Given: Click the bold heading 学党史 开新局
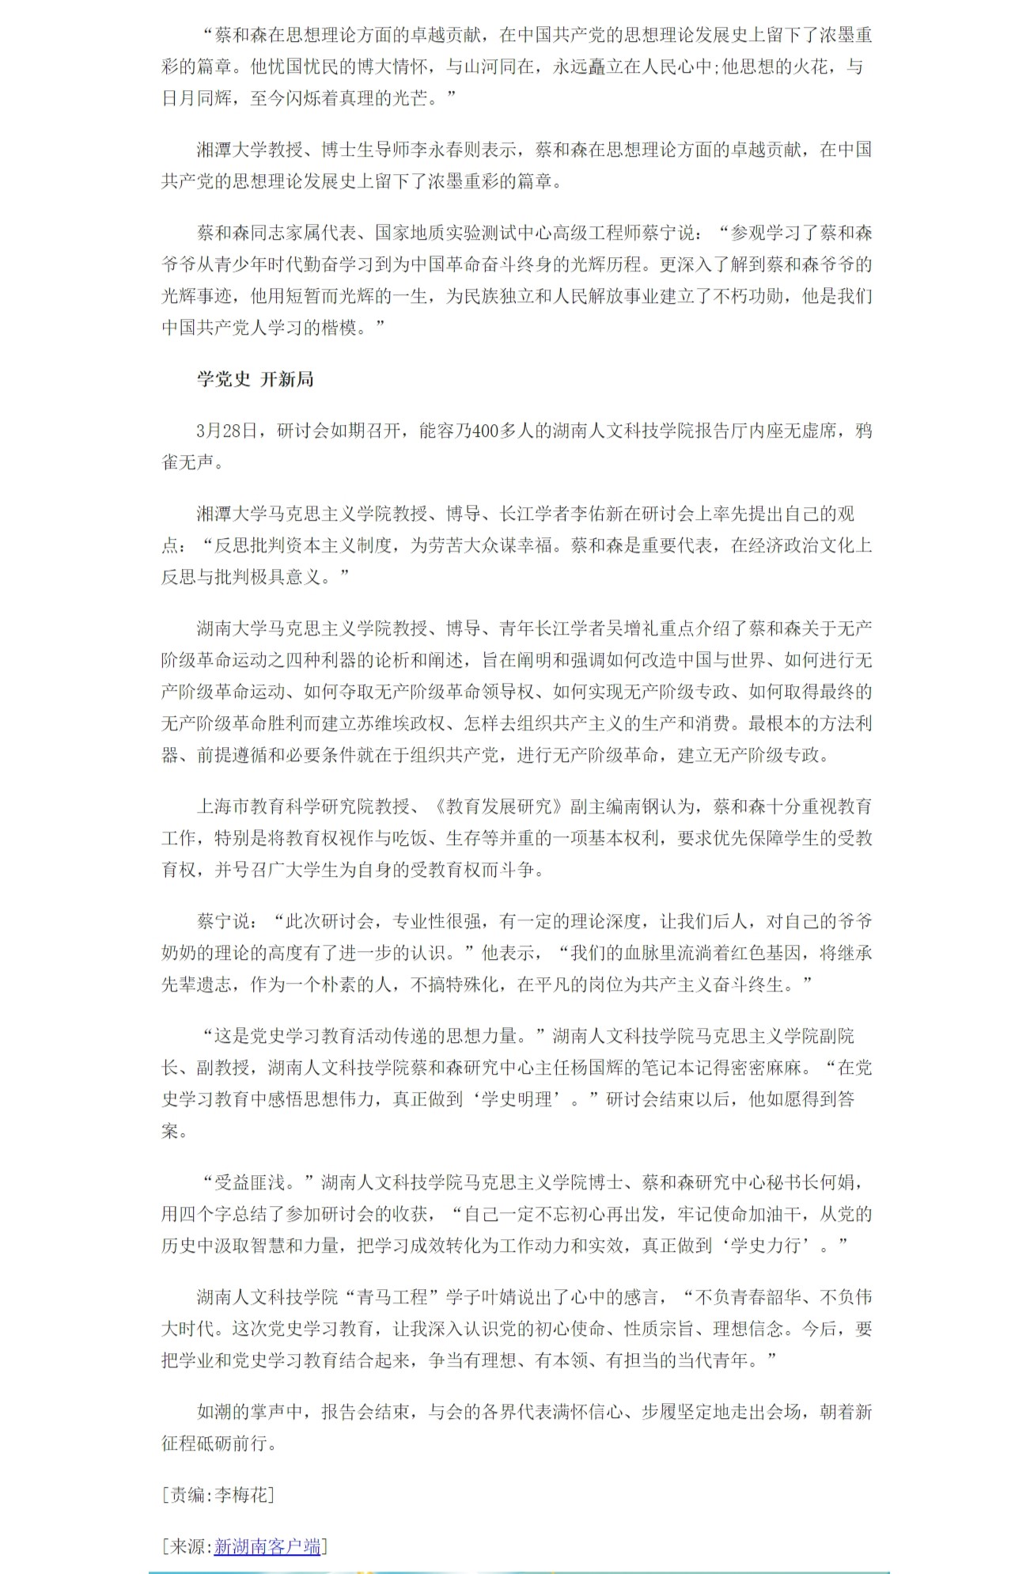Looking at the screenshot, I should click(x=255, y=379).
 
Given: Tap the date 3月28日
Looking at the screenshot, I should click(x=227, y=430).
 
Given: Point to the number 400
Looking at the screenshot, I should click(x=485, y=430).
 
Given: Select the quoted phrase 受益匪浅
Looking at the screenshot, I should click(x=249, y=1182).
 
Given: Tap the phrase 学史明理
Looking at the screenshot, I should click(x=517, y=1099).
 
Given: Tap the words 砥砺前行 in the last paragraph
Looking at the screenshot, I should click(x=241, y=1443).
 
